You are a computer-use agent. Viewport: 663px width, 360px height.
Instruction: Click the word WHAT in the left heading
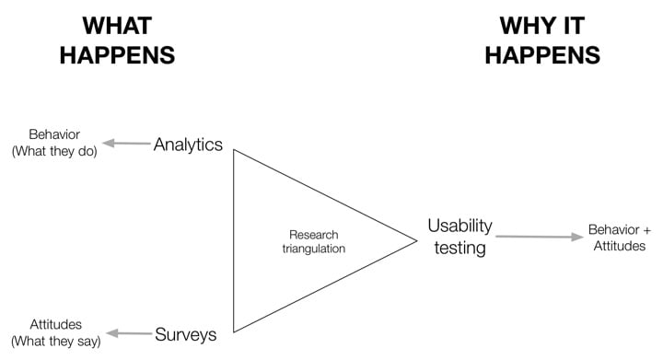click(x=117, y=26)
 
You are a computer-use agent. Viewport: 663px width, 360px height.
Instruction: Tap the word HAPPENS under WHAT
click(x=117, y=54)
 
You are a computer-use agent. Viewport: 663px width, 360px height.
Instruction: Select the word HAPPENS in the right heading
click(x=542, y=54)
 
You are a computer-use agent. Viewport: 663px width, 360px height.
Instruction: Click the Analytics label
click(x=188, y=145)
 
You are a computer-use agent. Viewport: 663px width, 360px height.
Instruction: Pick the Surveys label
click(x=186, y=334)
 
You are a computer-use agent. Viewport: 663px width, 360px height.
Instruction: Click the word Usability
click(x=459, y=226)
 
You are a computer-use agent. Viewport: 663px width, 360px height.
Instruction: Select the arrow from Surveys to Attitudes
click(x=130, y=333)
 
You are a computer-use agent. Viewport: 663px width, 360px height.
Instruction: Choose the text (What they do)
click(x=54, y=151)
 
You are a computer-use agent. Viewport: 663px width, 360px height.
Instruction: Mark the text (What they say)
click(x=55, y=341)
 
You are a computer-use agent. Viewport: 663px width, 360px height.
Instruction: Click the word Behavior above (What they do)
click(x=54, y=134)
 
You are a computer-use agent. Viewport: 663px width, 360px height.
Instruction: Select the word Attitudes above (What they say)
click(x=55, y=324)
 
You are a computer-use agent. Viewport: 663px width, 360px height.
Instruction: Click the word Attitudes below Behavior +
click(x=619, y=247)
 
